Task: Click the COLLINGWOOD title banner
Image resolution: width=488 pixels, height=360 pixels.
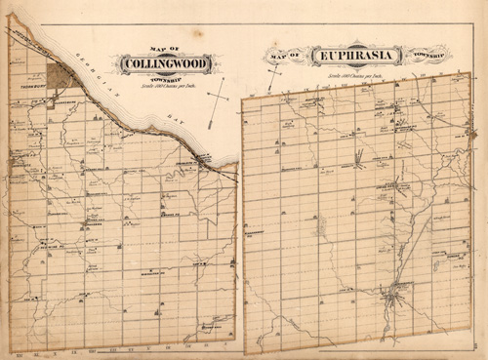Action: [163, 64]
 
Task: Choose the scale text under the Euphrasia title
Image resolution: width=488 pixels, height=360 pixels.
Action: [355, 73]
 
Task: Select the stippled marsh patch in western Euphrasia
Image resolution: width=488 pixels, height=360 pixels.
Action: [321, 225]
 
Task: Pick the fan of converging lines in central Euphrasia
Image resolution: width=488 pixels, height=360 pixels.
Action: [359, 156]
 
